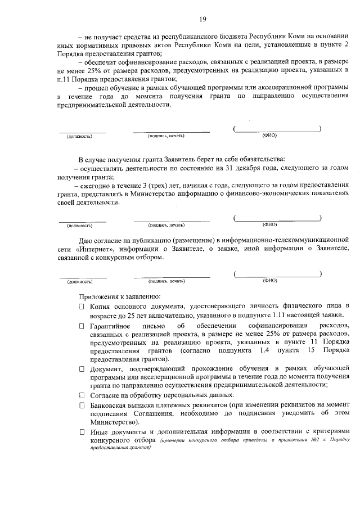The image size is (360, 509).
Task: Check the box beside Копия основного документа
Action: [82, 307]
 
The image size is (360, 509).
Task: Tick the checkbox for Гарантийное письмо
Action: [82, 326]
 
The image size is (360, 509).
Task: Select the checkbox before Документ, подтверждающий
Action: [82, 368]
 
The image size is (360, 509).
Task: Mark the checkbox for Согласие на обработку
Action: [82, 395]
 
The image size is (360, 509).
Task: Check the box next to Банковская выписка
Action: [82, 406]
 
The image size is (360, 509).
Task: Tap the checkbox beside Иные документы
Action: [82, 433]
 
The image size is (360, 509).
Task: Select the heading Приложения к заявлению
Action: [120, 296]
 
